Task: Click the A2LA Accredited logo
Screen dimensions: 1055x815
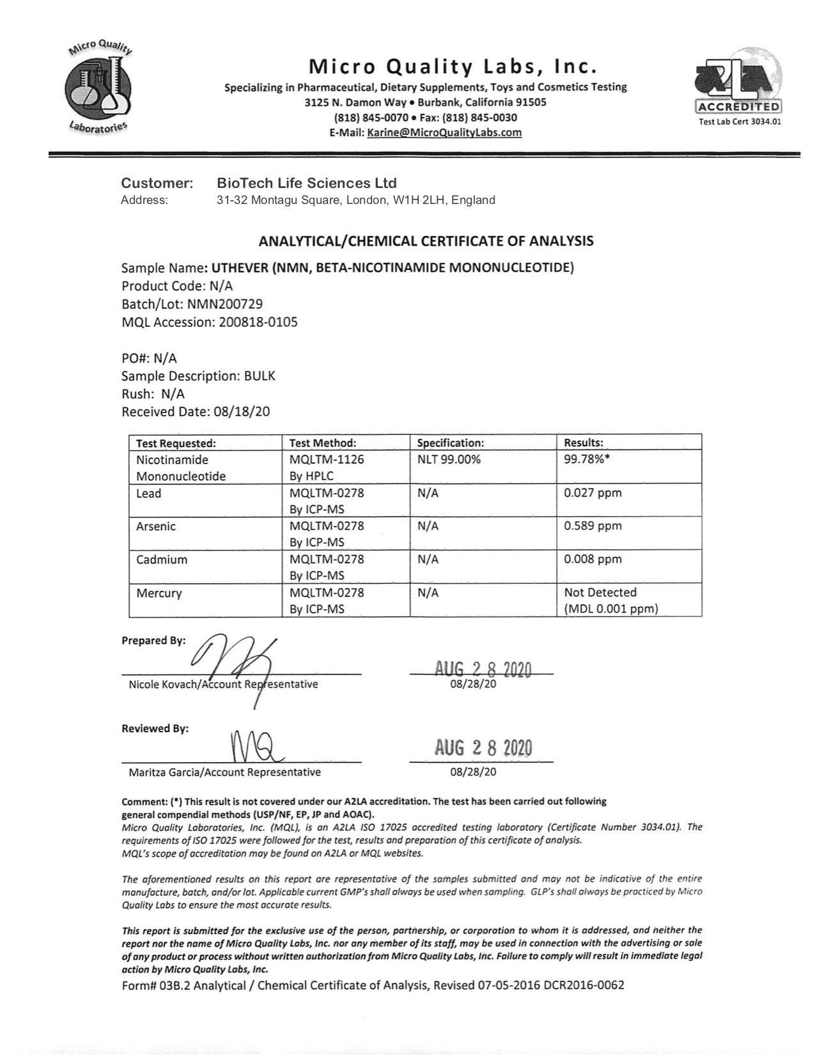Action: coord(739,86)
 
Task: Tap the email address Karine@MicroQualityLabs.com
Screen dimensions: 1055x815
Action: coord(444,132)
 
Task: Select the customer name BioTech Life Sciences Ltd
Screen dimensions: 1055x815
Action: coord(307,183)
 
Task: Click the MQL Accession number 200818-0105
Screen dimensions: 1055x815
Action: coord(258,322)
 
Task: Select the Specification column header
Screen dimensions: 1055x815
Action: coord(451,442)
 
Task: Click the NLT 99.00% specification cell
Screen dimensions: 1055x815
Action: coord(449,459)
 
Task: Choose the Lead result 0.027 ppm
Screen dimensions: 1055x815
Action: coord(593,492)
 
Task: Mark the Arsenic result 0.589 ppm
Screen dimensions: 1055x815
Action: coord(593,526)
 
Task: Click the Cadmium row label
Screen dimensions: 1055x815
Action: coord(162,559)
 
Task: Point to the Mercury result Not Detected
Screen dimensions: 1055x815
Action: coord(600,593)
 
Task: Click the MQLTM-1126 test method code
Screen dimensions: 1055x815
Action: coord(327,459)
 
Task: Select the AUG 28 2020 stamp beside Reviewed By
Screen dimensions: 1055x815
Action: coord(483,747)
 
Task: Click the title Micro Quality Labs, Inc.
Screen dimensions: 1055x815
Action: coord(453,66)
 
